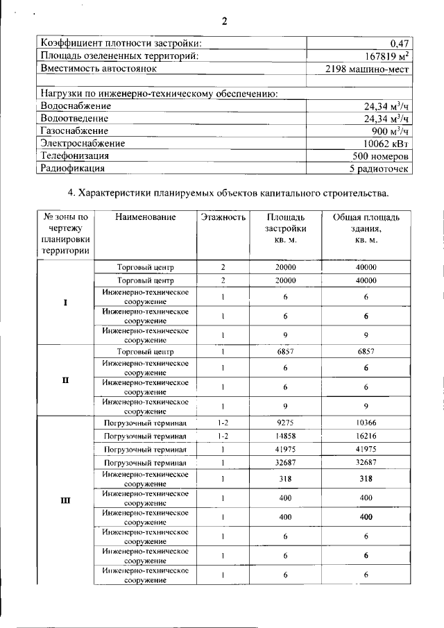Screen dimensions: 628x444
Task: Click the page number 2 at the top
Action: [x=224, y=20]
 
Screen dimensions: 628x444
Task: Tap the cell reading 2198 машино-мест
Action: [x=368, y=69]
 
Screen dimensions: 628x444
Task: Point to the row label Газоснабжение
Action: [x=75, y=130]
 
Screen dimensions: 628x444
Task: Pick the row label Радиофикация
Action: [x=73, y=168]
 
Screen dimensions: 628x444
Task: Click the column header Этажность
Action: [x=223, y=217]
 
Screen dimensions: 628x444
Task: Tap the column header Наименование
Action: [x=146, y=217]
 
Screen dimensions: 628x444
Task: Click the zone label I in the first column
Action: [x=65, y=303]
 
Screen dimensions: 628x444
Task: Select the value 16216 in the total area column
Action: [x=365, y=436]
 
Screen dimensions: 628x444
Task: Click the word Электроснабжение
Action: [x=83, y=143]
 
